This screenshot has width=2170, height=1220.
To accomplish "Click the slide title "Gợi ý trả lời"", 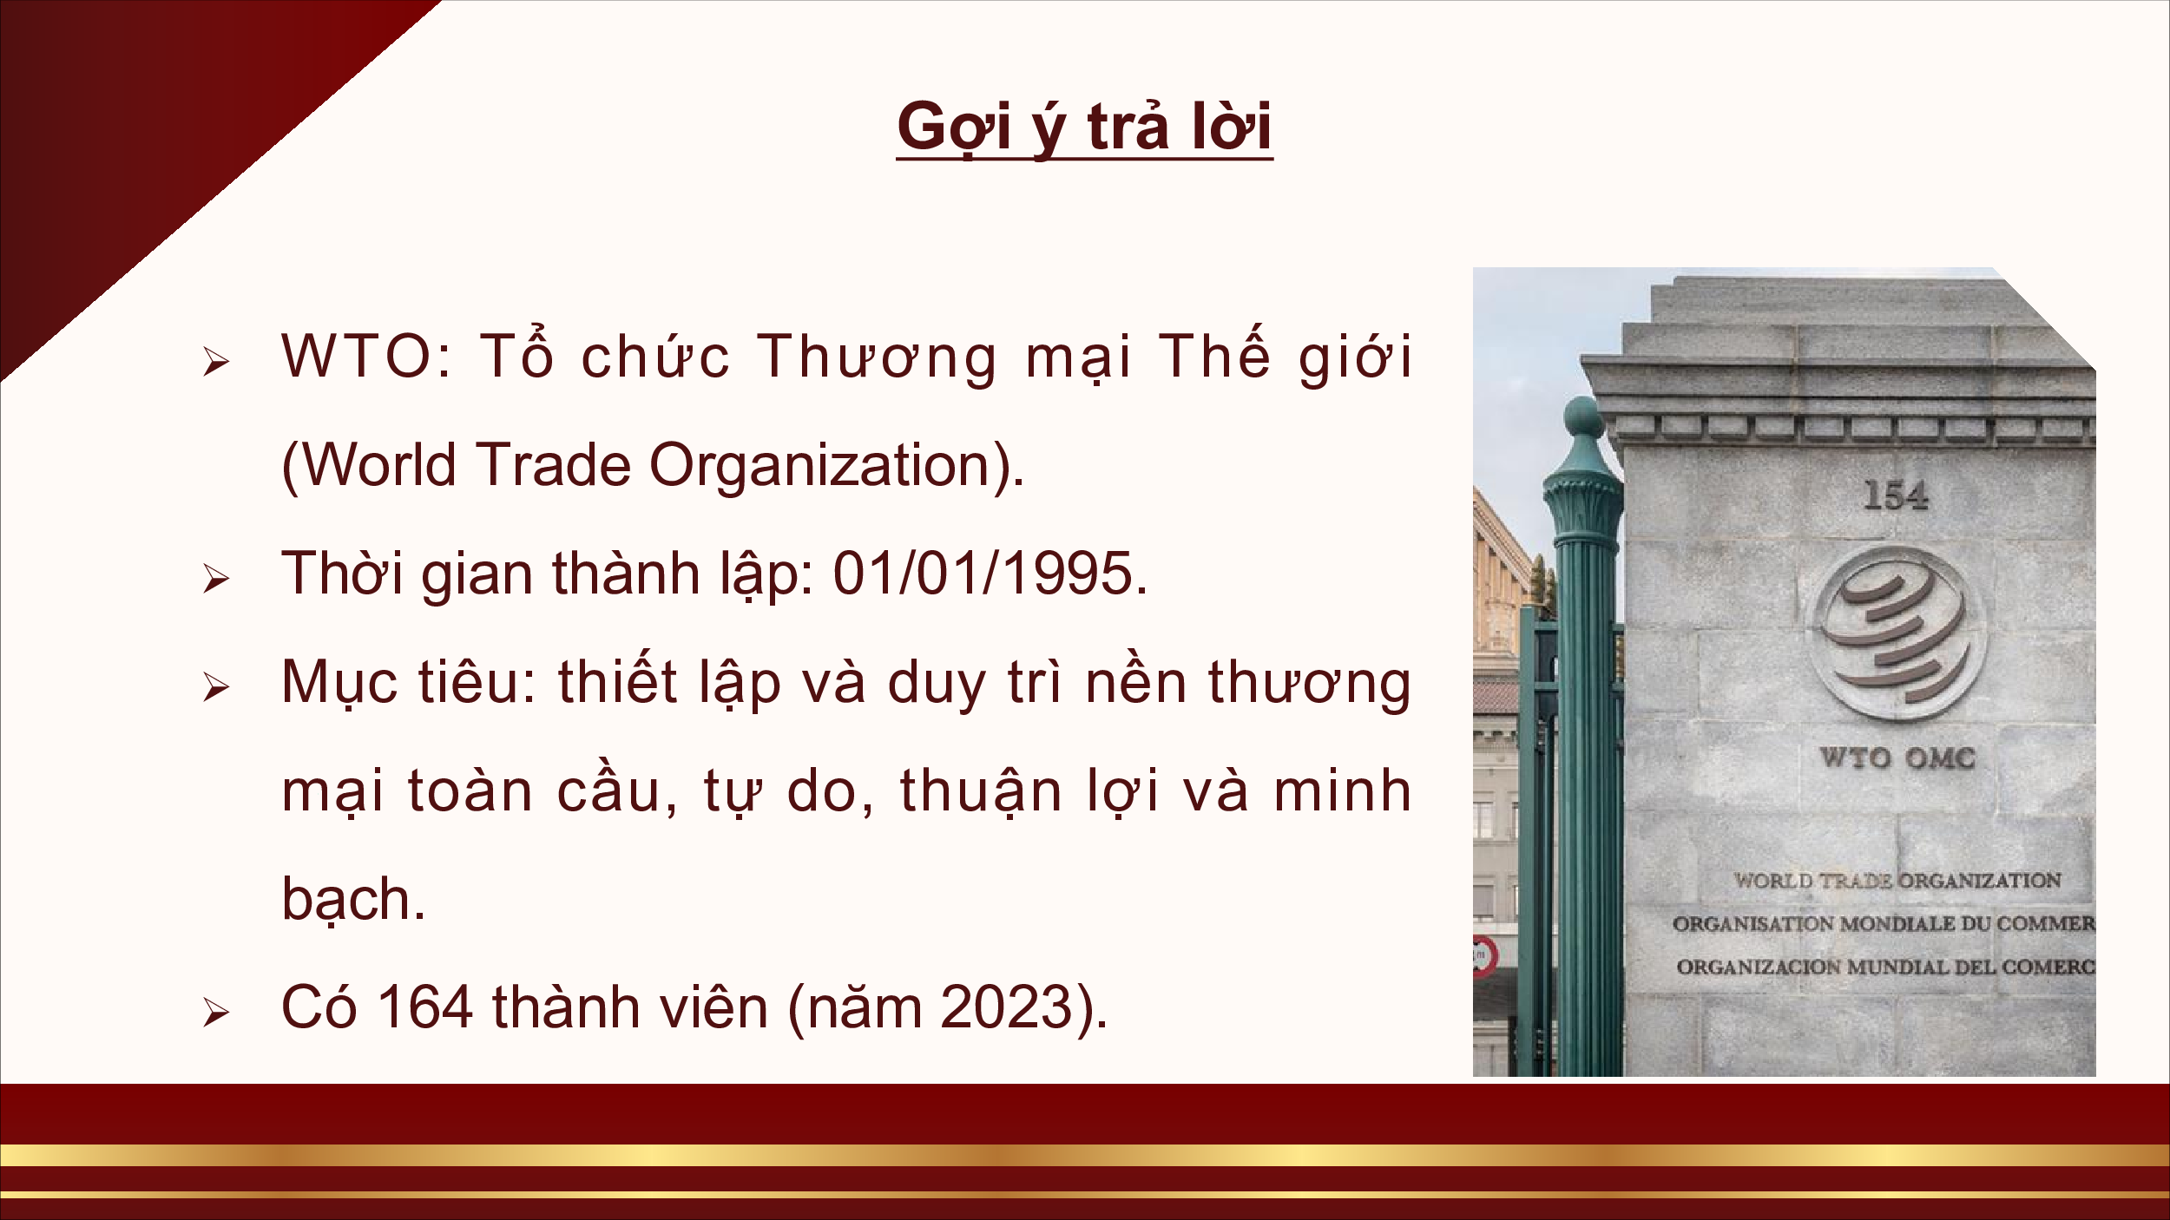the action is coord(1084,128).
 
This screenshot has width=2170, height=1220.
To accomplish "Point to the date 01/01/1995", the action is coord(983,574).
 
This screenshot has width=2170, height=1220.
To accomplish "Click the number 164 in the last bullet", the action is coord(425,1007).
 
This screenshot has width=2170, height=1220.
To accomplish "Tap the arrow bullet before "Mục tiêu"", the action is coord(216,687).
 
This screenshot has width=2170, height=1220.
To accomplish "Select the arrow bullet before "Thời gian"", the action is coord(216,579).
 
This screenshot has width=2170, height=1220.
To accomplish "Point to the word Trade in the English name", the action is coord(553,465).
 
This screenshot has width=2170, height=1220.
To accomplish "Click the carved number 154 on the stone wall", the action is coord(1896,495).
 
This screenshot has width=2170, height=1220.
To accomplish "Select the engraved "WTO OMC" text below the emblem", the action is coord(1897,758).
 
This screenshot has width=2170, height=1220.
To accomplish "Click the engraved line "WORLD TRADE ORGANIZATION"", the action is coord(1897,881).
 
